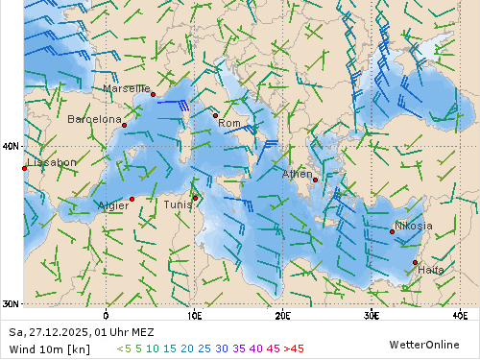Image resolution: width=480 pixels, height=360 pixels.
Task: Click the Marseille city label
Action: (126, 88)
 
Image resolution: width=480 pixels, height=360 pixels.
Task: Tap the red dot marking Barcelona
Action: (124, 125)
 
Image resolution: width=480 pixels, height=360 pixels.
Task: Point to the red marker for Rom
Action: (215, 115)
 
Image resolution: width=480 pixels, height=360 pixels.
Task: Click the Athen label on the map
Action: (297, 175)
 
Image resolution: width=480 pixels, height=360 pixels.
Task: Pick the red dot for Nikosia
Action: (392, 231)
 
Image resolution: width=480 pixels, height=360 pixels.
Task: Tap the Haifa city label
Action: (431, 270)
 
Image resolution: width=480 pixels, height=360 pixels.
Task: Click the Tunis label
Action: (177, 204)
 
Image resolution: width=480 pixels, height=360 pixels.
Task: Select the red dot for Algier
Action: (132, 199)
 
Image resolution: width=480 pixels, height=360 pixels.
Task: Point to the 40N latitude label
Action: (11, 146)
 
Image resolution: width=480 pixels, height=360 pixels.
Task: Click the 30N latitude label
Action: (11, 303)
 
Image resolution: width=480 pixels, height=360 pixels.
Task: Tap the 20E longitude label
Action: (282, 314)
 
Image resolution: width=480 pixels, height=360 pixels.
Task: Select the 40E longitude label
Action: (459, 314)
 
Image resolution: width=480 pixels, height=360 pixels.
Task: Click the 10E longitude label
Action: (194, 314)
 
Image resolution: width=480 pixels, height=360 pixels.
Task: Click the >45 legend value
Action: (293, 348)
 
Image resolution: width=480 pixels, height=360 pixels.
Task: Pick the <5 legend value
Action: (124, 348)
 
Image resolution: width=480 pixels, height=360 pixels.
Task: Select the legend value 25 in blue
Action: (204, 348)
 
